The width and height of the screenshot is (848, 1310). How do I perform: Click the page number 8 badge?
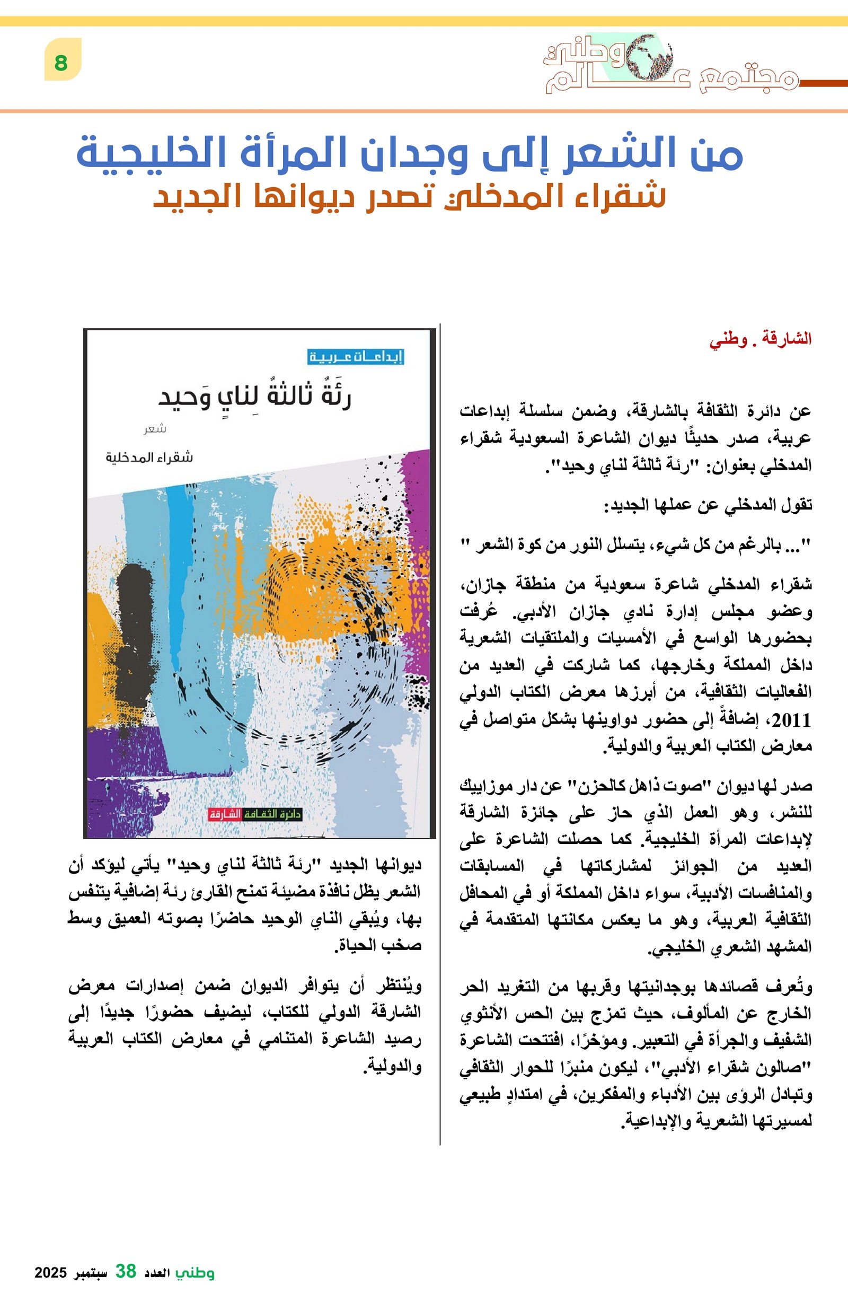tap(62, 61)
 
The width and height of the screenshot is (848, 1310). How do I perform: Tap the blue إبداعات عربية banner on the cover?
tap(356, 356)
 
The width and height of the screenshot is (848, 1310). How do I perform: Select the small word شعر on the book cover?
tap(155, 429)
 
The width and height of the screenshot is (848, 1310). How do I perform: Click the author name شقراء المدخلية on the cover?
tap(149, 457)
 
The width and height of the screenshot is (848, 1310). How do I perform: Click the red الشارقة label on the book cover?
tap(225, 814)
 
